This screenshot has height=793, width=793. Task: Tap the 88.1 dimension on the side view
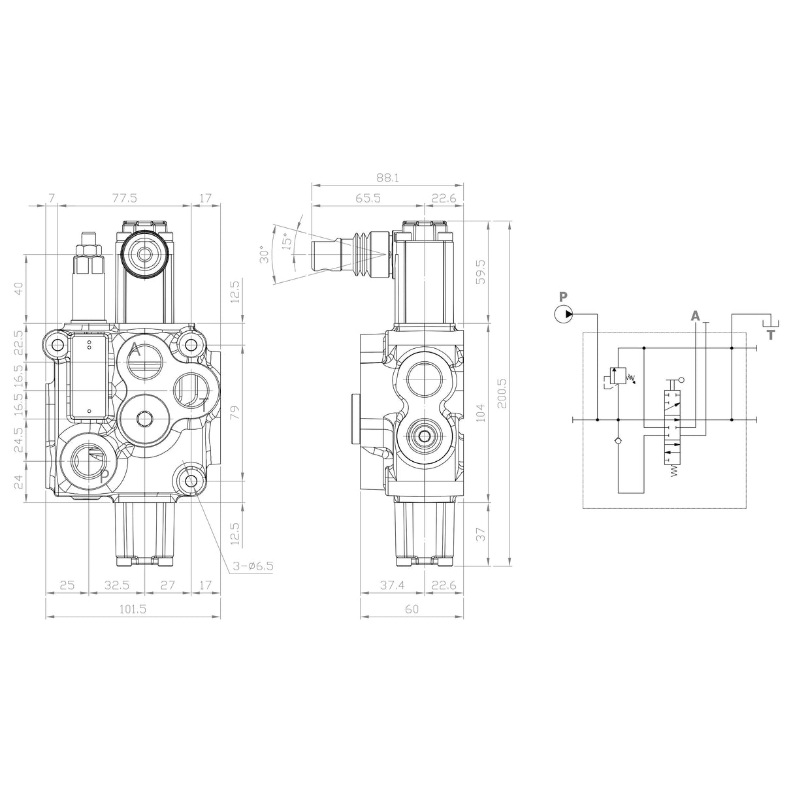coord(387,178)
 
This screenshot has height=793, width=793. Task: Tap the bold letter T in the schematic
coord(771,335)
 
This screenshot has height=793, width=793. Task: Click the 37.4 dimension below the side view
coord(392,586)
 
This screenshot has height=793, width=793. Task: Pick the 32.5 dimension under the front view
coord(115,586)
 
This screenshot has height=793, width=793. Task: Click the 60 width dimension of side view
coord(412,609)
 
